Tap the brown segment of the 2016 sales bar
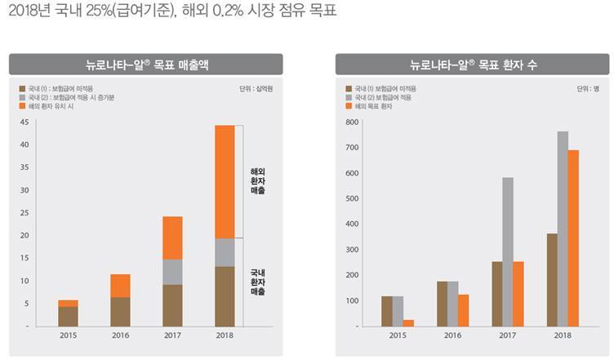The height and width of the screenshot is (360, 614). (121, 311)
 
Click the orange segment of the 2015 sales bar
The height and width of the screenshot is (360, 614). (69, 303)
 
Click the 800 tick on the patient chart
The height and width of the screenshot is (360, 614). (352, 122)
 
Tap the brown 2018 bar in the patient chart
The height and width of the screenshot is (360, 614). (551, 280)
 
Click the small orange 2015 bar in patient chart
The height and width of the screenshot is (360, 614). (407, 322)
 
